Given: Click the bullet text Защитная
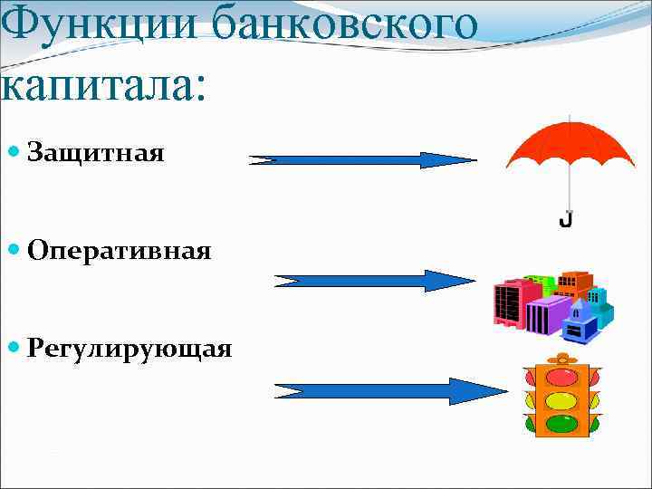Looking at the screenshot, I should pos(96,152).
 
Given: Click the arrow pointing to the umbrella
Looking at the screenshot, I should pos(362,160).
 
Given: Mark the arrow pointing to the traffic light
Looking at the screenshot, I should pos(389,391).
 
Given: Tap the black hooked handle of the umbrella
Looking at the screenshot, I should pos(566,219).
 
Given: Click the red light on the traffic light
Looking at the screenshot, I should pos(561,377).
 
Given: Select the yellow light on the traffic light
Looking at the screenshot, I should pos(561,400).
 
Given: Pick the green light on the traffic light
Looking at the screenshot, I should pos(561,423).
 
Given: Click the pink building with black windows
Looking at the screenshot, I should pos(509,302).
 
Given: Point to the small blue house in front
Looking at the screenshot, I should pos(580,323).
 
